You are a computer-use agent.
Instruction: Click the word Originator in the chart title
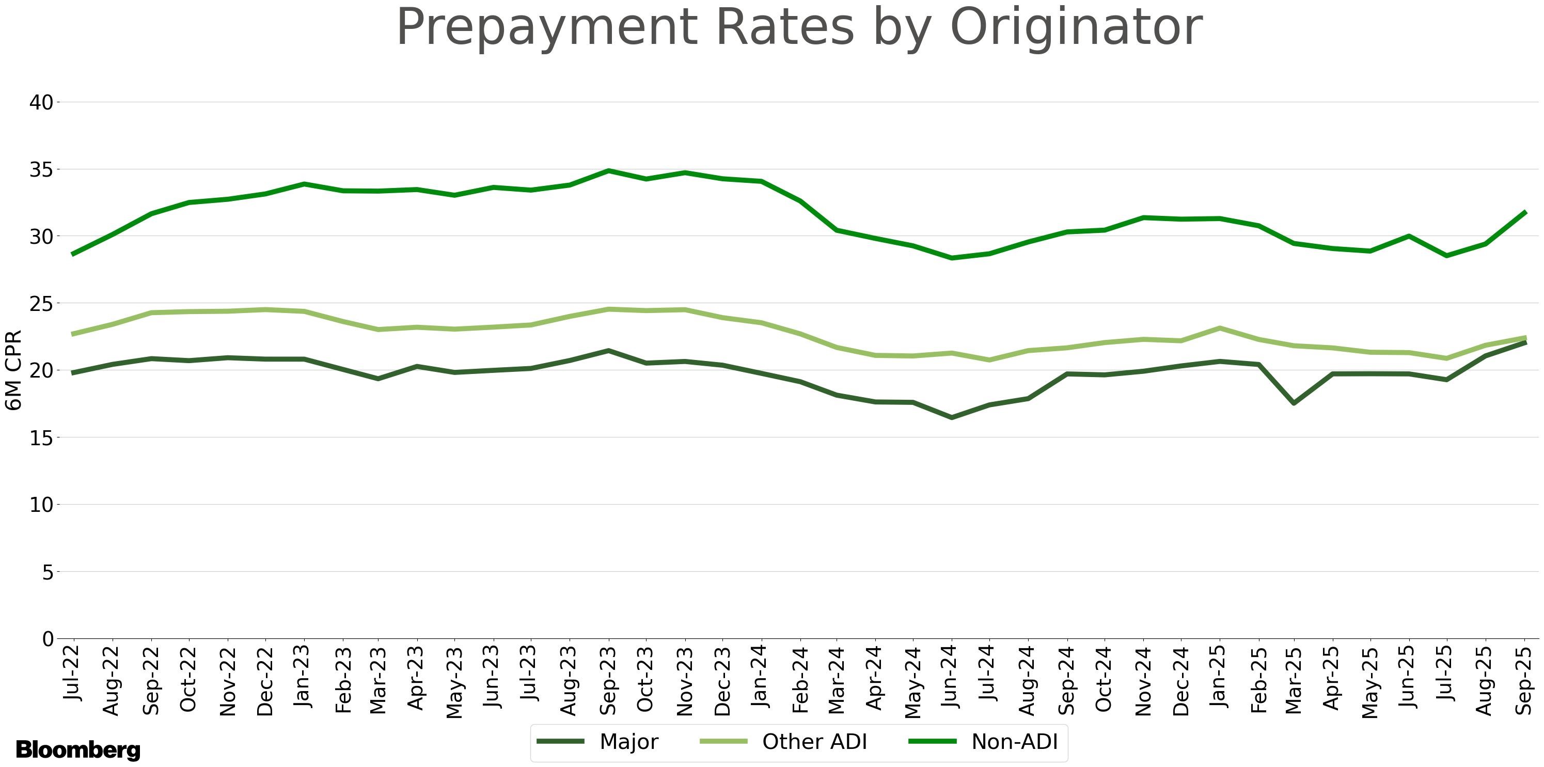click(x=1076, y=27)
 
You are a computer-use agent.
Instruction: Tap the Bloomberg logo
click(x=78, y=749)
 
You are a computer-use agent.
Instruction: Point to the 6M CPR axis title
click(x=13, y=370)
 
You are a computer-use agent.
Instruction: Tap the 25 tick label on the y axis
click(x=41, y=303)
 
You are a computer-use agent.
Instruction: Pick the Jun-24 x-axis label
click(x=951, y=677)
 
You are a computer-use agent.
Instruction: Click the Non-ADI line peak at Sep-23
click(x=608, y=171)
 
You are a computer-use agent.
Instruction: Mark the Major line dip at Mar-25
click(x=1294, y=403)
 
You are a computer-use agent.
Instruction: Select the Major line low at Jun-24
click(x=951, y=417)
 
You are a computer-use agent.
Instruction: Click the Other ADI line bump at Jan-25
click(x=1220, y=328)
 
